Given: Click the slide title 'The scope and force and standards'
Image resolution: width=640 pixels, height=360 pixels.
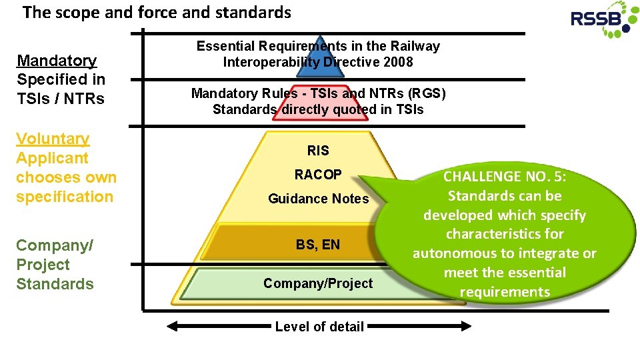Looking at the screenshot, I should pyautogui.click(x=157, y=12).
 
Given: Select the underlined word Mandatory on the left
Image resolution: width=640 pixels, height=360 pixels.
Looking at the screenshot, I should pyautogui.click(x=57, y=61).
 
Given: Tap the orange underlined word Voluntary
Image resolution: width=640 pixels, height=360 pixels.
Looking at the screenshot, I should pyautogui.click(x=53, y=139).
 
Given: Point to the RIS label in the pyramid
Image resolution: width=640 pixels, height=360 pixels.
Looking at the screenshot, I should pyautogui.click(x=318, y=151).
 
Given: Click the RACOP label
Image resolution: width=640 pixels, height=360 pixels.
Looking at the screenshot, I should pyautogui.click(x=318, y=175).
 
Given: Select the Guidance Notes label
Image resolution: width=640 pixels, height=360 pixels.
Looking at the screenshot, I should pyautogui.click(x=318, y=199).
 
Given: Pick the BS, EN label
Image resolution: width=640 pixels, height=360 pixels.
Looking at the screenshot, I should pyautogui.click(x=318, y=245).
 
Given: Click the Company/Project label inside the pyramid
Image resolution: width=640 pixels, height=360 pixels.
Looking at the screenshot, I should pyautogui.click(x=318, y=283).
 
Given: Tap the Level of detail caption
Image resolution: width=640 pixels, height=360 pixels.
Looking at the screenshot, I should pyautogui.click(x=319, y=327).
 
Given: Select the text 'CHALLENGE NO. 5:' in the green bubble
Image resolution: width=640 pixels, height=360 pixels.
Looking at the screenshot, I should pyautogui.click(x=504, y=177).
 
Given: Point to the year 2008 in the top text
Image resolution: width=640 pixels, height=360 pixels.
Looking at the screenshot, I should pyautogui.click(x=399, y=62).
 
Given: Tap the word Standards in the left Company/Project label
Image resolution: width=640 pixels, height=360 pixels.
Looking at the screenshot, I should pyautogui.click(x=55, y=284).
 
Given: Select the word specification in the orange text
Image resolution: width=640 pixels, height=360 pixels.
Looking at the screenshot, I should pyautogui.click(x=65, y=197).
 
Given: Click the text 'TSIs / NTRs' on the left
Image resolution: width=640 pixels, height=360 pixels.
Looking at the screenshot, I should pyautogui.click(x=61, y=99).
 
